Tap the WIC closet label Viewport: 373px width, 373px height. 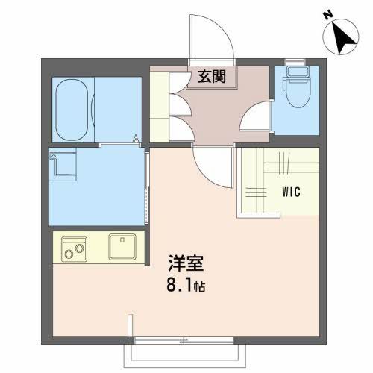(291, 192)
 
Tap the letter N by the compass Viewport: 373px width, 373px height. (327, 14)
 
